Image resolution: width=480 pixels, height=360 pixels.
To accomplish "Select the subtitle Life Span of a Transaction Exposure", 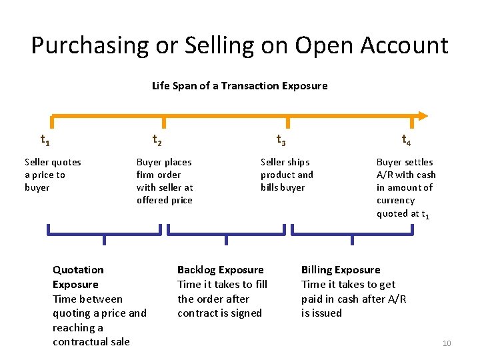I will tap(239, 86).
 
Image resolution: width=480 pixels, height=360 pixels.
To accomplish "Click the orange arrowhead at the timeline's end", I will tap(422, 115).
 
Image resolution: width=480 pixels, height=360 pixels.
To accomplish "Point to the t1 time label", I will tap(45, 140).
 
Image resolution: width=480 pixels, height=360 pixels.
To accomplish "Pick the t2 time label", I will tap(157, 140).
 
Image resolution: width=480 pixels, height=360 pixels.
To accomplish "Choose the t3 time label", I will tap(281, 140).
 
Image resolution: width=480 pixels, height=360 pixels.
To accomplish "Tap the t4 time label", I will tap(405, 140).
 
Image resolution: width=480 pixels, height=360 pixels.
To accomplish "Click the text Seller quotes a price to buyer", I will tap(53, 175).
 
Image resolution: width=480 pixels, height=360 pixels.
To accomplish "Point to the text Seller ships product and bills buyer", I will tap(287, 175).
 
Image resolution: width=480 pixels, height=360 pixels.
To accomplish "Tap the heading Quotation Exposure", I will tap(78, 277).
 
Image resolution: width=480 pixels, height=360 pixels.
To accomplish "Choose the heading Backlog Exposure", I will tap(220, 270).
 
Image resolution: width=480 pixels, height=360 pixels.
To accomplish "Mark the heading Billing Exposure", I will tap(341, 270).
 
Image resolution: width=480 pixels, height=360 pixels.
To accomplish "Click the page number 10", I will tap(447, 343).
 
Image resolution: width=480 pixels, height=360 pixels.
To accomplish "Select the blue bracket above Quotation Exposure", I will tap(104, 234).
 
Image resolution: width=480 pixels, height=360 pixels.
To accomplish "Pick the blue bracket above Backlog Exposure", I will tap(226, 234).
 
